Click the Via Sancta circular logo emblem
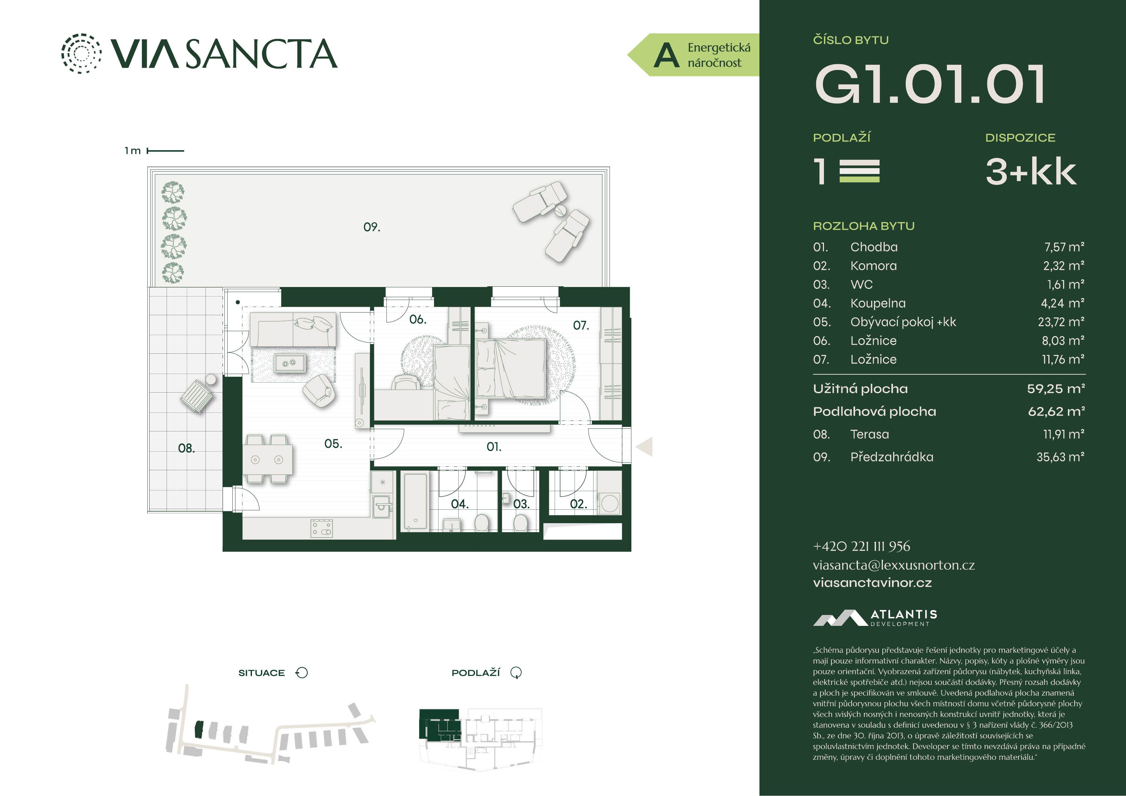[x=82, y=54]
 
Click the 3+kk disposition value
[x=1031, y=172]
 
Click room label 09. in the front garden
[x=372, y=227]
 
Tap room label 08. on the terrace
[x=186, y=448]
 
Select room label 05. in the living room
[x=333, y=444]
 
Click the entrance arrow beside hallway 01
[x=645, y=447]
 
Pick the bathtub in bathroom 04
[x=415, y=501]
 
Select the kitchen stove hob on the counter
[x=322, y=528]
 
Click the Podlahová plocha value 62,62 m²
[x=1056, y=411]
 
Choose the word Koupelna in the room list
[x=878, y=304]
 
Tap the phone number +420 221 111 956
[x=862, y=546]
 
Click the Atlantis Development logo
[x=875, y=618]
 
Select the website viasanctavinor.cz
[x=872, y=583]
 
